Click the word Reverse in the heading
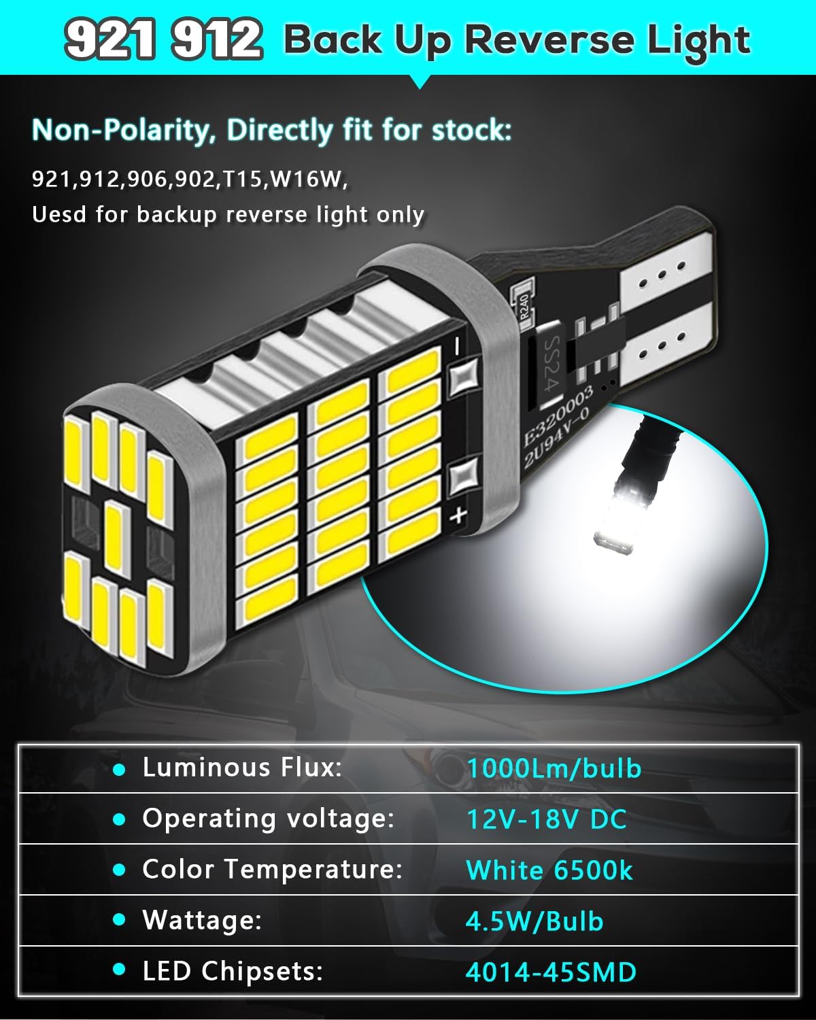(549, 40)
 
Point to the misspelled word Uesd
(59, 214)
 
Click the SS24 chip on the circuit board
(551, 362)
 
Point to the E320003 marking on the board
(558, 415)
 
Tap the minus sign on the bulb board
(456, 345)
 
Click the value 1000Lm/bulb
(554, 768)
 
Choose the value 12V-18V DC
(547, 819)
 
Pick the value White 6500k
(549, 870)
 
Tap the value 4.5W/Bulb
(534, 921)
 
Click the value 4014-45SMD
(551, 972)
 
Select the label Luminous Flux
(242, 767)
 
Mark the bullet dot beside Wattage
(120, 920)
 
